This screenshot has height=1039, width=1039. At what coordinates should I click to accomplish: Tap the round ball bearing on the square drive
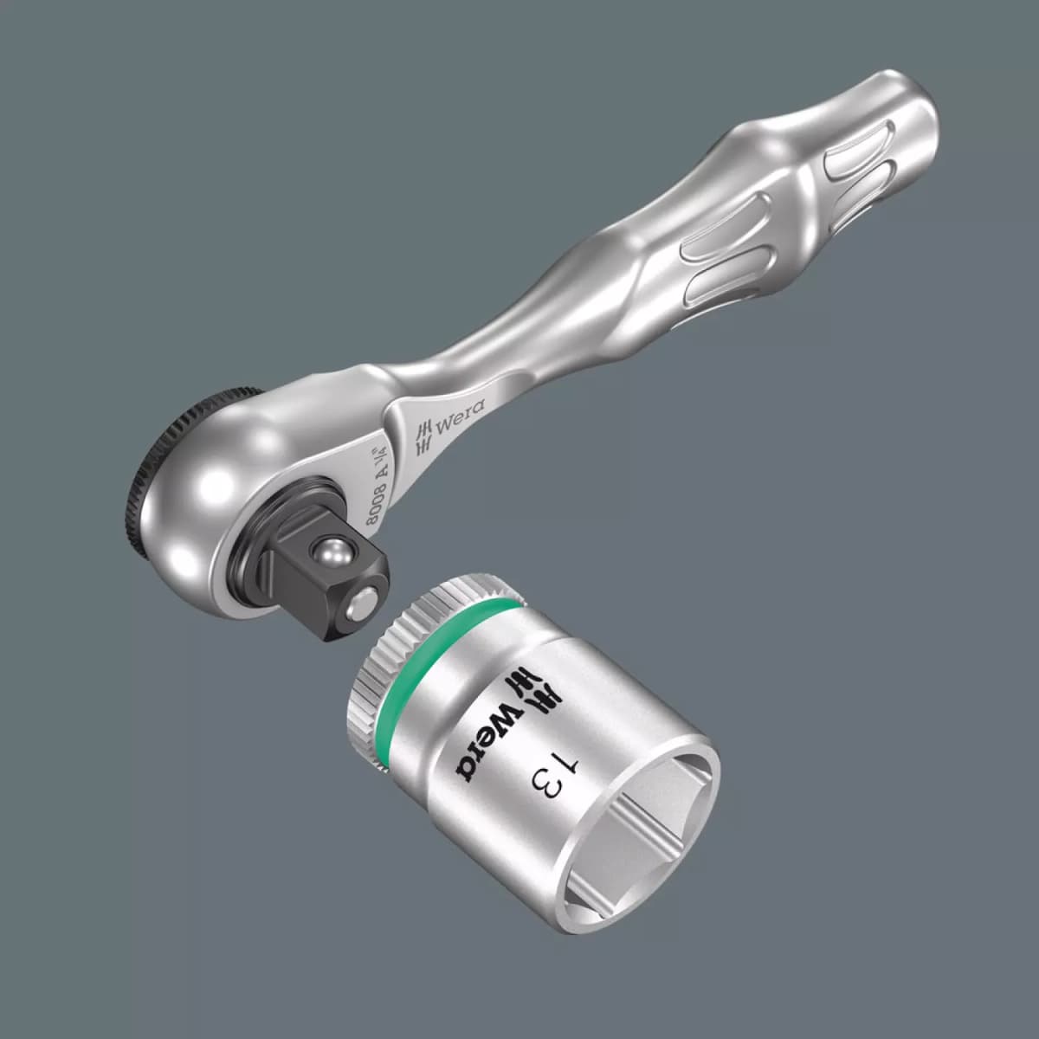point(330,551)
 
